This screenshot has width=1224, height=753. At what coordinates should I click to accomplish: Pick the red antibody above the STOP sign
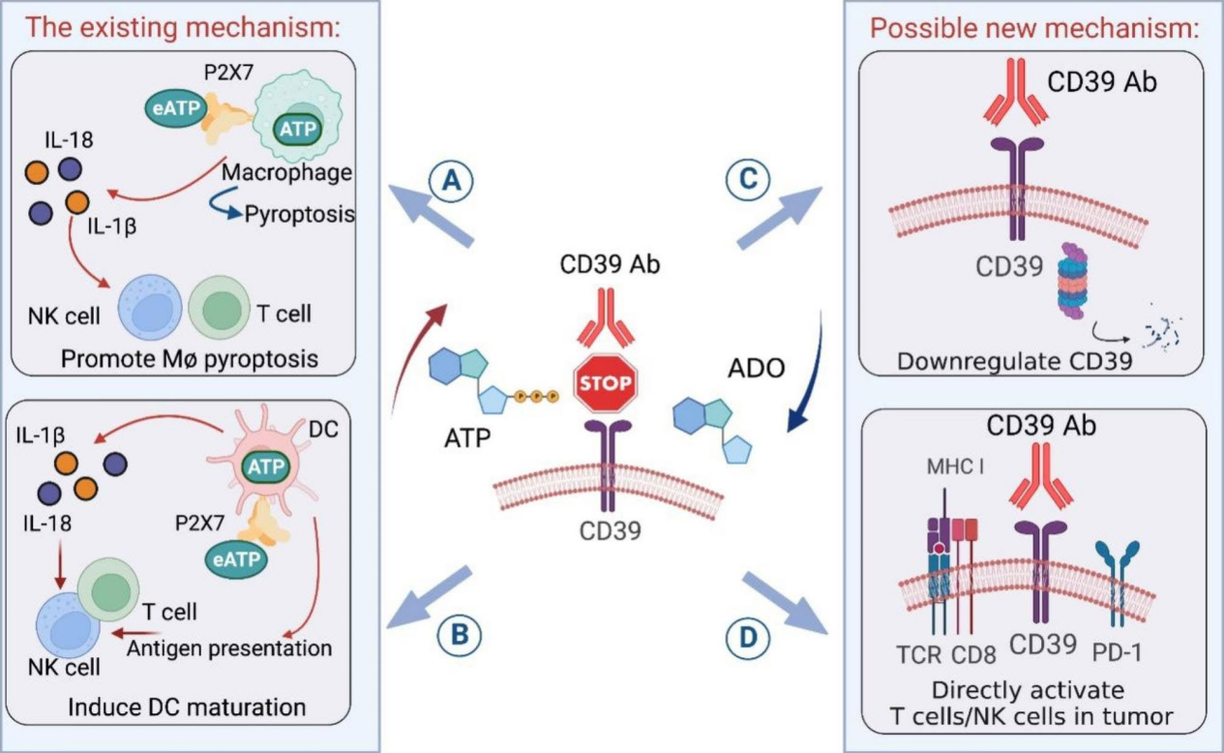607,317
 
